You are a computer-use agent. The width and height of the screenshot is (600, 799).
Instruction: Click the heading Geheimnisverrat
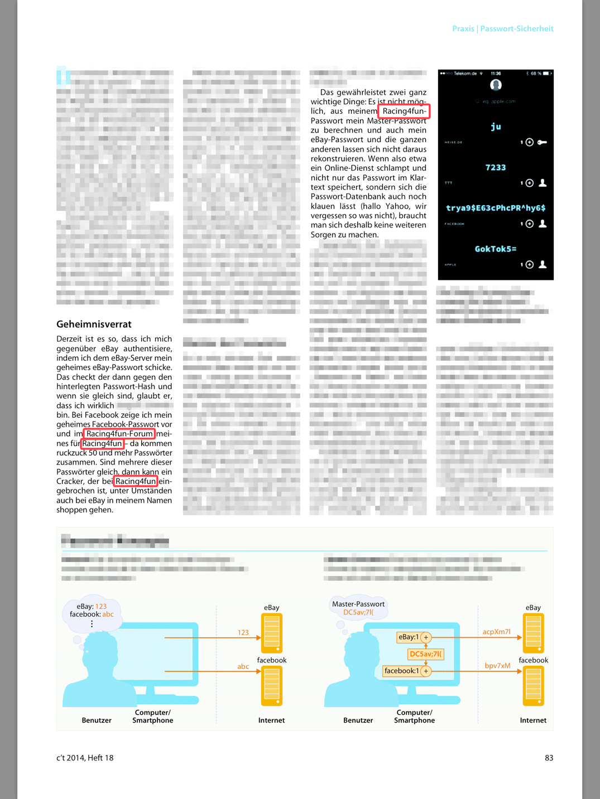pos(94,324)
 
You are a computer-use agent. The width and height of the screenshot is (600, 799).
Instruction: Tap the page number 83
pos(549,758)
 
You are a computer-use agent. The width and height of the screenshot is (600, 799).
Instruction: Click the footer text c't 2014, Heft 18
pos(85,758)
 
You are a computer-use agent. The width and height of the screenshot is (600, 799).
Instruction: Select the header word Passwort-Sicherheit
pos(517,28)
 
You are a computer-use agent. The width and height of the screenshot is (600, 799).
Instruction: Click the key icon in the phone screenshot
pos(542,142)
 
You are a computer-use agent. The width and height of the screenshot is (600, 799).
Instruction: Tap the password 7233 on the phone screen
pos(496,167)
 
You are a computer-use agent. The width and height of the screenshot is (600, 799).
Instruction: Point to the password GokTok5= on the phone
pos(496,249)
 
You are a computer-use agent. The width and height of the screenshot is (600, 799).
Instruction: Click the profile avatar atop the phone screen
pos(496,85)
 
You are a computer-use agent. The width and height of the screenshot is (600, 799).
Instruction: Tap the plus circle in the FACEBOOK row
pos(530,224)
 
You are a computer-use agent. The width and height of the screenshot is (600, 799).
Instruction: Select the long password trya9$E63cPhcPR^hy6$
pos(496,208)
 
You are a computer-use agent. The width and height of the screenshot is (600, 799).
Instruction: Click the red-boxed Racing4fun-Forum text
pos(119,434)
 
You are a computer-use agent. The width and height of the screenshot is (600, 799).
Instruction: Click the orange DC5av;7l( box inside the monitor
pos(426,654)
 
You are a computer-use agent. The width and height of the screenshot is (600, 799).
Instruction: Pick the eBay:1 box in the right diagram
pos(409,637)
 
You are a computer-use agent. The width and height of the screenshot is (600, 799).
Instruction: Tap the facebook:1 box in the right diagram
pos(401,671)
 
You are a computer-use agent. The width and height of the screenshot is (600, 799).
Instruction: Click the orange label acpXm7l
pos(496,632)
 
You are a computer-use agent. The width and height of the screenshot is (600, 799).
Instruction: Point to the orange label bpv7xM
pos(497,666)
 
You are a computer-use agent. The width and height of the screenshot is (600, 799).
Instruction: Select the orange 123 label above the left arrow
pos(243,632)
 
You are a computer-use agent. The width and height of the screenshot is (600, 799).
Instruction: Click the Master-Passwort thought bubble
pos(358,607)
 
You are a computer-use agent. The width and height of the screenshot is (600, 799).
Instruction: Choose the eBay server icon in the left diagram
pos(272,633)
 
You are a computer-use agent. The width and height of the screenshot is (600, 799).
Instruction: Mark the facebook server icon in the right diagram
pos(533,686)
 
